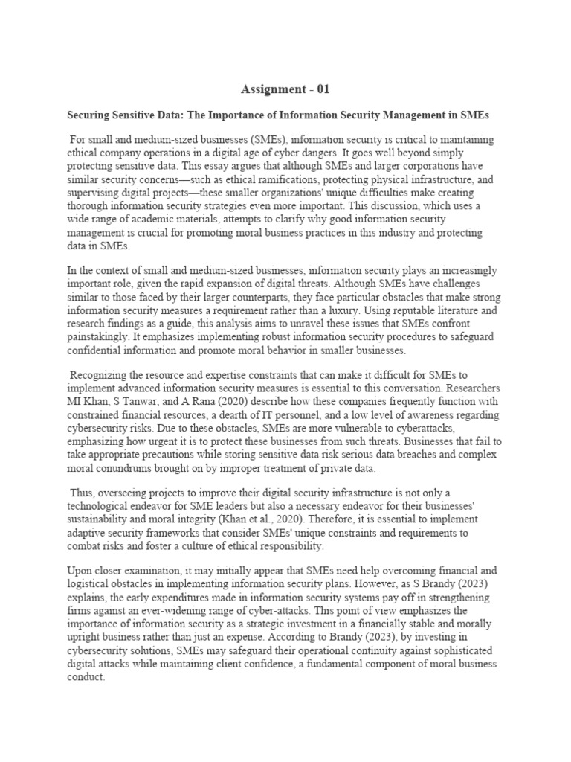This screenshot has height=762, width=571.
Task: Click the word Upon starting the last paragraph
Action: [83, 571]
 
